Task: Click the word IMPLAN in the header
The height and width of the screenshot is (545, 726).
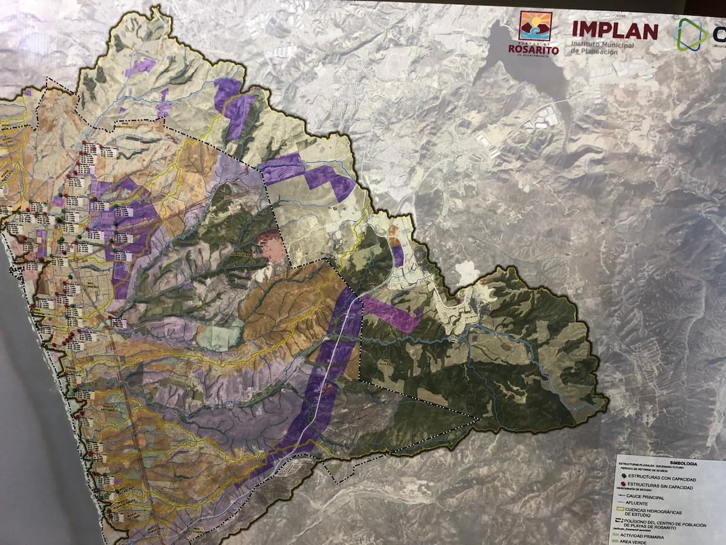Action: click(615, 30)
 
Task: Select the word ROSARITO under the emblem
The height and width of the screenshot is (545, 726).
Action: click(534, 50)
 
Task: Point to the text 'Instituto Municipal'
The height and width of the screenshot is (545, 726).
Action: click(602, 45)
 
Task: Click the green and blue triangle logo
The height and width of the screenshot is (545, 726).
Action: click(692, 34)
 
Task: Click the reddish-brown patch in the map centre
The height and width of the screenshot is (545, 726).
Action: click(270, 245)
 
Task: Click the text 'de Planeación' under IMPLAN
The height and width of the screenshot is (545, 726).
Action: click(595, 52)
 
